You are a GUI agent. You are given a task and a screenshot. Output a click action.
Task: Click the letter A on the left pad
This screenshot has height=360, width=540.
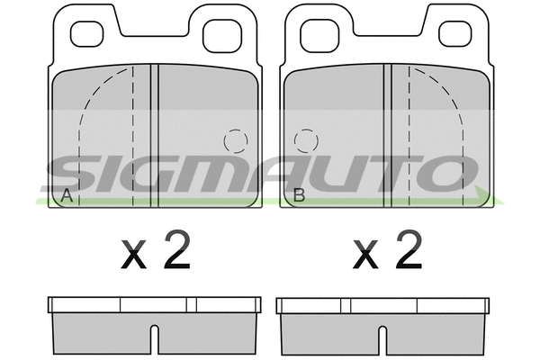point(65,195)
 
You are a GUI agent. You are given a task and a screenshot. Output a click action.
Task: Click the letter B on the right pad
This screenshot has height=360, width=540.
point(300,195)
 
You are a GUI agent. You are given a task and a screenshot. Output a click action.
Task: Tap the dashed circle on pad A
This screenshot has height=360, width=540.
point(235,141)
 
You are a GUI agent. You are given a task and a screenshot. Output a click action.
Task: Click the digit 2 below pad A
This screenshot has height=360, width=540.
point(176,251)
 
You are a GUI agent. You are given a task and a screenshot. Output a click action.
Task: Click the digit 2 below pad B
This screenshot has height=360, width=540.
point(408,251)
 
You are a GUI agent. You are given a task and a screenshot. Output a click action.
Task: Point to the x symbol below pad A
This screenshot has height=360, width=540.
point(133,257)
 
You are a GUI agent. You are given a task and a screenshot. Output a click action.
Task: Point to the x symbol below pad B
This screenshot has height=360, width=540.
point(365,257)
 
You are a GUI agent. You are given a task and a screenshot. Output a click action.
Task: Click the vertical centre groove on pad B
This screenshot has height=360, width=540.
point(388,135)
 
